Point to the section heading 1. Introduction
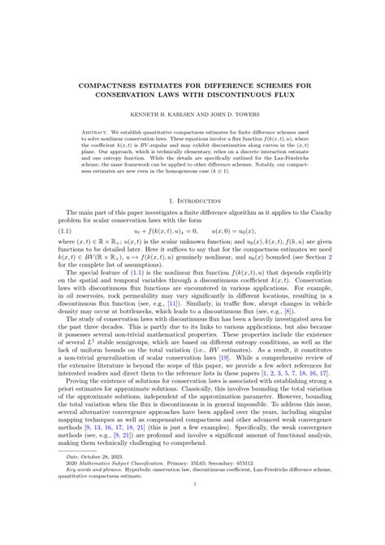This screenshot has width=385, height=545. coord(192,199)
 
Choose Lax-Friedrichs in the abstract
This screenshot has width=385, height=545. coord(292,166)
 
